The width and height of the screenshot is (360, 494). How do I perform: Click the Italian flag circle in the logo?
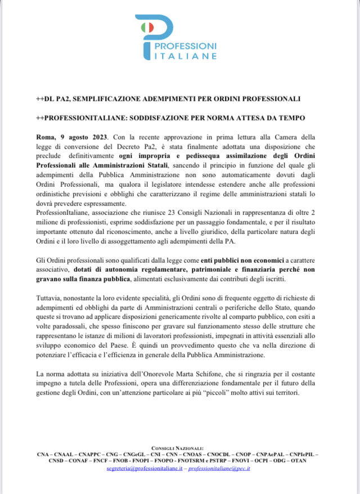(x=147, y=26)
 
